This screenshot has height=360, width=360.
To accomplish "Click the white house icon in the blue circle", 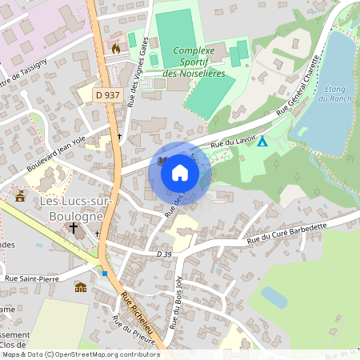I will (x=180, y=172).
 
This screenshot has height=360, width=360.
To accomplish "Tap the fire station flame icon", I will (x=115, y=49).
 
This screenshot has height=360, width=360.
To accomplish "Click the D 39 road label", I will (x=165, y=254).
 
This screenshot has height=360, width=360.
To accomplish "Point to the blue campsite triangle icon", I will (x=262, y=142).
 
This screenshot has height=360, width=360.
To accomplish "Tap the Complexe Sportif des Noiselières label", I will (x=193, y=62).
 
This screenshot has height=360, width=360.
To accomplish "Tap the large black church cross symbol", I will (x=74, y=228).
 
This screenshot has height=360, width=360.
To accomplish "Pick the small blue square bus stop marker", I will (x=104, y=274).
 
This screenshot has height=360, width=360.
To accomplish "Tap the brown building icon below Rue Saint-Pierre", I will (x=80, y=287).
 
